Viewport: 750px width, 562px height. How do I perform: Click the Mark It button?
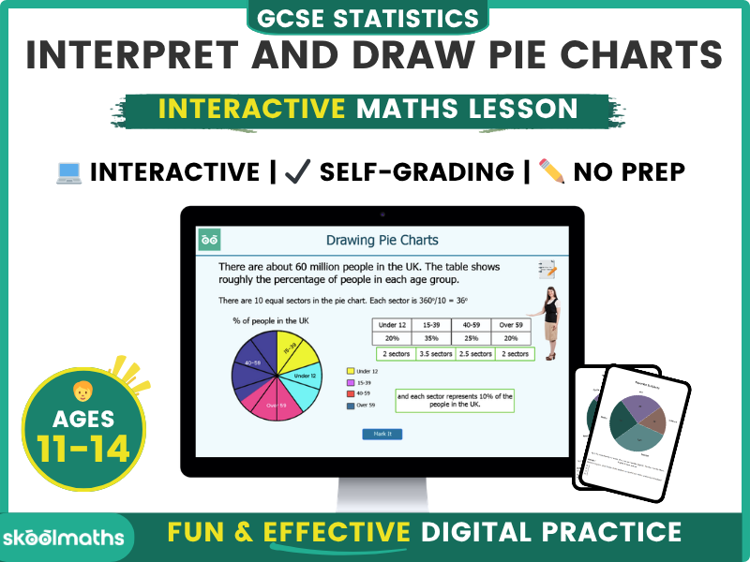tap(382, 434)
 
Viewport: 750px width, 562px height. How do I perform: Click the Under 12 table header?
tap(392, 324)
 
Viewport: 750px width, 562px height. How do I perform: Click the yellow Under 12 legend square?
tap(351, 371)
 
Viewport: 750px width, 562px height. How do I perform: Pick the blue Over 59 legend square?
tap(351, 406)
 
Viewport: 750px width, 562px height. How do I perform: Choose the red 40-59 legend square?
tap(351, 394)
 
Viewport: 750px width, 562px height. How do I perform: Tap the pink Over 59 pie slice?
tap(271, 402)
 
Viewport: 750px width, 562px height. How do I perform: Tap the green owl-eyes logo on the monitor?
tap(210, 241)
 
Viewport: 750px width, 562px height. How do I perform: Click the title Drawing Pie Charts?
tap(382, 241)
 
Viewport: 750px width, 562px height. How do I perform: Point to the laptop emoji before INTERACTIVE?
tap(68, 171)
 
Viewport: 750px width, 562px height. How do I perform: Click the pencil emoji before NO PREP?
tap(552, 171)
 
